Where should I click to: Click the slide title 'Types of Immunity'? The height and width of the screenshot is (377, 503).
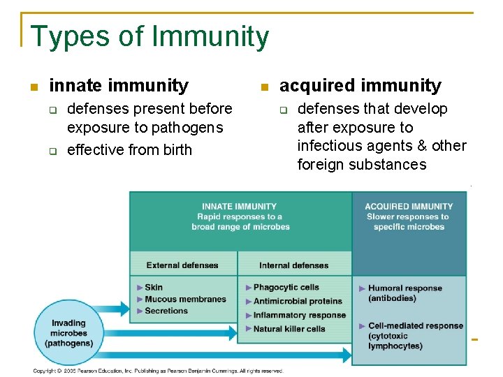(x=150, y=36)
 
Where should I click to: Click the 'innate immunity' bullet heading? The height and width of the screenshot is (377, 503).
(x=119, y=86)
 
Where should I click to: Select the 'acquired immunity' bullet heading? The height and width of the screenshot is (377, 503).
(x=360, y=86)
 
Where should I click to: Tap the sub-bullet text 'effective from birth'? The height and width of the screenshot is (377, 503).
(x=129, y=150)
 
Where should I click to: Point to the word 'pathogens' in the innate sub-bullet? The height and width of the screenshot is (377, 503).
(x=189, y=128)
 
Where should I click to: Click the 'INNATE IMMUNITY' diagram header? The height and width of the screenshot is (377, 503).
(x=239, y=207)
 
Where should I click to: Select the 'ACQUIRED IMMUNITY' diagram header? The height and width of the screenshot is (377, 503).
(x=409, y=207)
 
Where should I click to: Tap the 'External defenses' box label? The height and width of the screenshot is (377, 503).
(x=182, y=265)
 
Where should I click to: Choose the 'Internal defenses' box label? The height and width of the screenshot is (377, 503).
(x=293, y=265)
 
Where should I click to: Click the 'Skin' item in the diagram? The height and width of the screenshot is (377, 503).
(x=154, y=288)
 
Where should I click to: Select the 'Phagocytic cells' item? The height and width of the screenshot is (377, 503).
(x=286, y=288)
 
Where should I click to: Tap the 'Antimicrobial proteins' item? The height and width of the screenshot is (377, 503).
(x=298, y=302)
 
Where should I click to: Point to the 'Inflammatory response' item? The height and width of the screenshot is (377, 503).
(x=299, y=316)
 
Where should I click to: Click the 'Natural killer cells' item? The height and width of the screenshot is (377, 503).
(x=289, y=329)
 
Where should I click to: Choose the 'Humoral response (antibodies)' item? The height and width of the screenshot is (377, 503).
(x=404, y=293)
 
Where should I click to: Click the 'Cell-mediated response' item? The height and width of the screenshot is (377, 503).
(x=415, y=326)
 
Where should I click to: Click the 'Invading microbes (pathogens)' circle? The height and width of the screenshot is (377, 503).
(x=68, y=333)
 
